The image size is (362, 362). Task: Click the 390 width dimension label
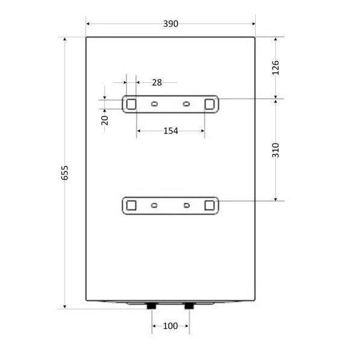[x=171, y=24]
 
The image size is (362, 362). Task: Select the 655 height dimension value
[x=65, y=173]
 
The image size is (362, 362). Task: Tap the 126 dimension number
[x=276, y=68]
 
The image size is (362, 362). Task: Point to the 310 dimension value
[x=276, y=150]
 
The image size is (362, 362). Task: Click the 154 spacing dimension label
[x=171, y=131]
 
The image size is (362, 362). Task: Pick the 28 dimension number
[x=157, y=83]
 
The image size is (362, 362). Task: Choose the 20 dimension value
[x=105, y=120]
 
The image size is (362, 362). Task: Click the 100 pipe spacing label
[x=170, y=326]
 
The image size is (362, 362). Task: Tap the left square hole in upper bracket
[x=131, y=104]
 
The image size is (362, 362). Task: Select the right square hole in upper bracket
[x=209, y=104]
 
